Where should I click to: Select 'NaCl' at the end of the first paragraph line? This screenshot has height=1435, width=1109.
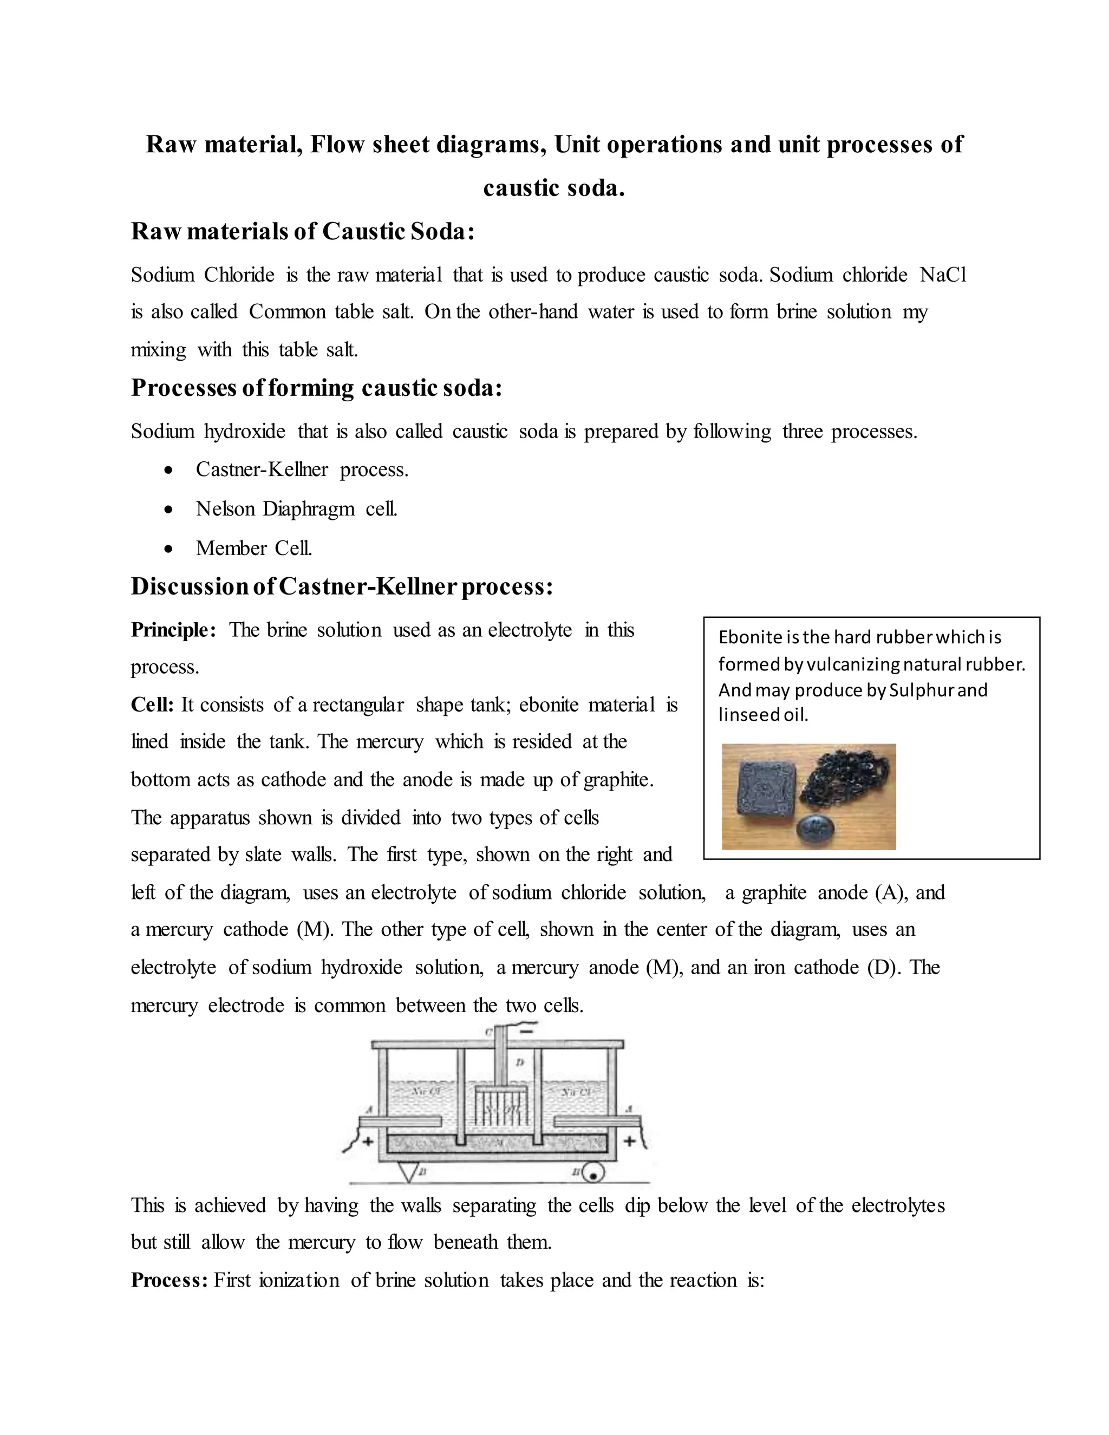pyautogui.click(x=943, y=275)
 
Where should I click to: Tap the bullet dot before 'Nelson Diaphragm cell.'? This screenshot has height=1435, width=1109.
pyautogui.click(x=169, y=509)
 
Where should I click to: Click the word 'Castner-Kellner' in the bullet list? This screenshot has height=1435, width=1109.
pyautogui.click(x=262, y=470)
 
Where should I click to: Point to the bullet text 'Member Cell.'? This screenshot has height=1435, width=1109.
pyautogui.click(x=253, y=548)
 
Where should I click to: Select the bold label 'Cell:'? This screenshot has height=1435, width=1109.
pyautogui.click(x=152, y=705)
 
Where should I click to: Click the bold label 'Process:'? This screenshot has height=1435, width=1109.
pyautogui.click(x=169, y=1280)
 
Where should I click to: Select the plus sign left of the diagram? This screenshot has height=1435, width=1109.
pyautogui.click(x=369, y=1142)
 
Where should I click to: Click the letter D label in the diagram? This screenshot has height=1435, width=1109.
pyautogui.click(x=520, y=1061)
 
